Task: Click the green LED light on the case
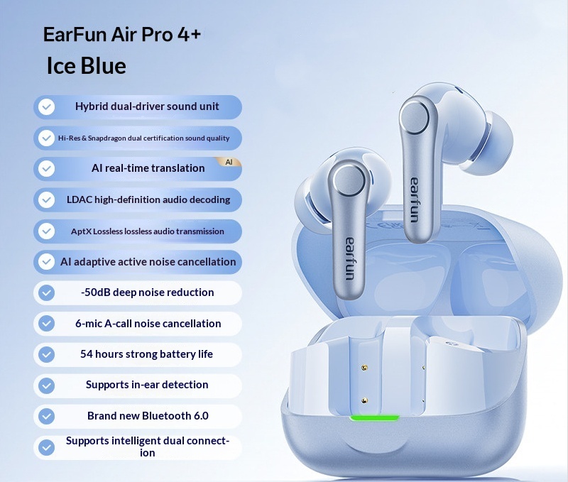click(374, 417)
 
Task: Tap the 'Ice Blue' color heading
click(86, 66)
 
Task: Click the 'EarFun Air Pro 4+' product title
click(122, 35)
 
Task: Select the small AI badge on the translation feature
click(229, 162)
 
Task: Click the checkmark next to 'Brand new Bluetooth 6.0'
click(47, 416)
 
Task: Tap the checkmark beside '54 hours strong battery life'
click(47, 354)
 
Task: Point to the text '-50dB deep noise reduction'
click(147, 292)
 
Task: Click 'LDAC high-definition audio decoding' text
click(148, 199)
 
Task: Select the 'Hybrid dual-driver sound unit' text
click(147, 106)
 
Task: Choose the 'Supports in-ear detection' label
click(147, 385)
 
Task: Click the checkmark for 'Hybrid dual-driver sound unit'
click(47, 107)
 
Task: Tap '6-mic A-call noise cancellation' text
click(148, 324)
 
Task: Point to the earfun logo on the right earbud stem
click(414, 198)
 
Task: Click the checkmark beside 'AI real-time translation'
click(47, 169)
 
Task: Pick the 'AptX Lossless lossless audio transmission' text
click(148, 231)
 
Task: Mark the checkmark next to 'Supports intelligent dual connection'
click(47, 447)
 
